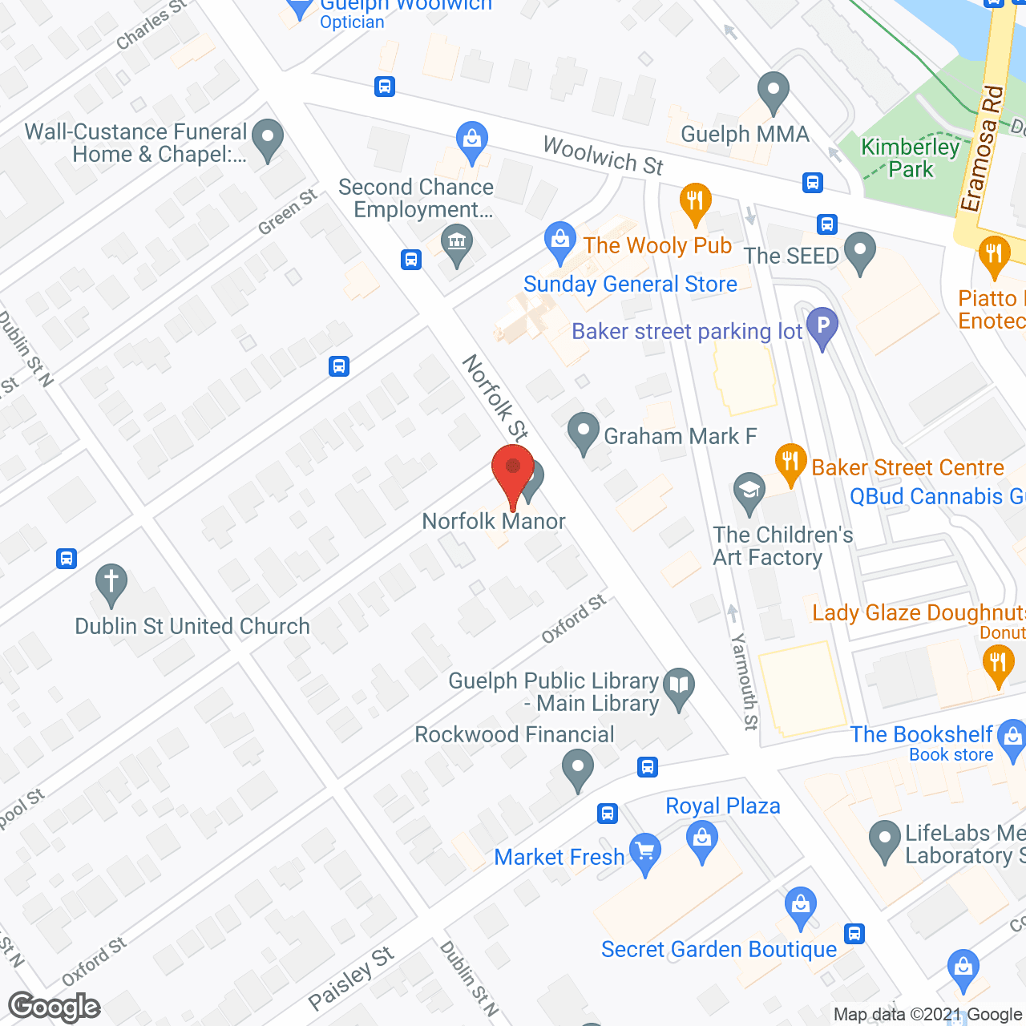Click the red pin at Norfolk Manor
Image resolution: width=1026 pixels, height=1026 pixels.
coord(513,473)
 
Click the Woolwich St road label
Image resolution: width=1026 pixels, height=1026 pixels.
coord(603,156)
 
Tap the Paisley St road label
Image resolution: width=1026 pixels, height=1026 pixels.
coord(351,978)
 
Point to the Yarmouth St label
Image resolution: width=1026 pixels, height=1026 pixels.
coord(744,681)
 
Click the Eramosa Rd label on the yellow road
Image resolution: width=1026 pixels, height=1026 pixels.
coord(982,148)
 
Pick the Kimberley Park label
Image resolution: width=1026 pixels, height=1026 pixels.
coord(910,158)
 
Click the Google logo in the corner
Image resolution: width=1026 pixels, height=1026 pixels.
coord(55,1007)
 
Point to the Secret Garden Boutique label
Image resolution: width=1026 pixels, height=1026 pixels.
coord(719,950)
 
